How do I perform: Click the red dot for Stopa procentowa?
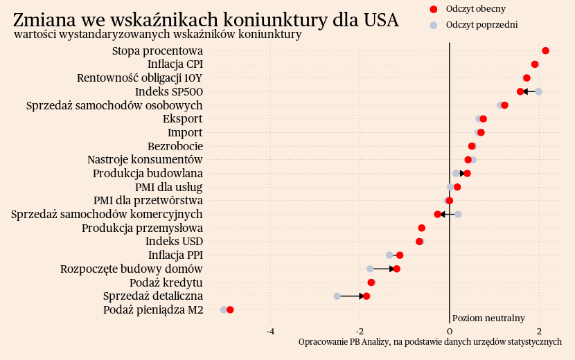pyautogui.click(x=545, y=51)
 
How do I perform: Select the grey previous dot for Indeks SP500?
pyautogui.click(x=538, y=91)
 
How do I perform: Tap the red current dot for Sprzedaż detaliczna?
pyautogui.click(x=366, y=296)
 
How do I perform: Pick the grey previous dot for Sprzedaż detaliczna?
pyautogui.click(x=337, y=296)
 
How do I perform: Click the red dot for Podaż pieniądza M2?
pyautogui.click(x=230, y=310)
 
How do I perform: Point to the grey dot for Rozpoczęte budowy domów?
pyautogui.click(x=370, y=269)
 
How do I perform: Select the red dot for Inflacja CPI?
pyautogui.click(x=535, y=64)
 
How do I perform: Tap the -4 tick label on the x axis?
pyautogui.click(x=271, y=331)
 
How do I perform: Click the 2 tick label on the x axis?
pyautogui.click(x=540, y=331)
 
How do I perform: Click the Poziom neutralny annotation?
pyautogui.click(x=488, y=318)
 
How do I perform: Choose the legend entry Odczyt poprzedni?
pyautogui.click(x=481, y=25)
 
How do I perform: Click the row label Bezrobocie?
pyautogui.click(x=175, y=146)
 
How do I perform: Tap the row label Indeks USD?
pyautogui.click(x=174, y=242)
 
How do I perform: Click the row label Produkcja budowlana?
pyautogui.click(x=148, y=173)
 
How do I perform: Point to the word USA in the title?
pyautogui.click(x=380, y=20)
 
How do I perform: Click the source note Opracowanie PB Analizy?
pyautogui.click(x=430, y=342)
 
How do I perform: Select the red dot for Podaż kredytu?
pyautogui.click(x=371, y=282)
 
